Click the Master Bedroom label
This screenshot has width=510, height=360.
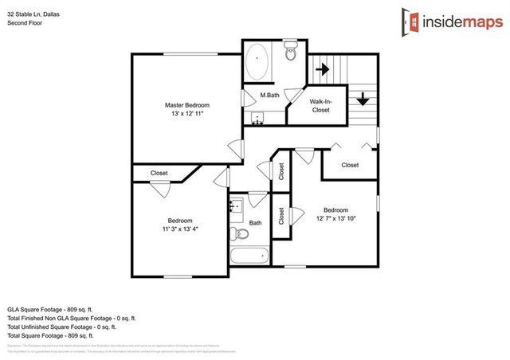(186, 105)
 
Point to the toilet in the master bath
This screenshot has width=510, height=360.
(290, 56)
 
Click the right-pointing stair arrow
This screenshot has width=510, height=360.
(323, 69)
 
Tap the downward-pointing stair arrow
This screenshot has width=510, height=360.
(363, 99)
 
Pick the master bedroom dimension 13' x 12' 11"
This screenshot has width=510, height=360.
(186, 115)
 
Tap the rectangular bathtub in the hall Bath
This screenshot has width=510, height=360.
(249, 256)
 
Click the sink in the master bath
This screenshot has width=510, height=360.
(257, 119)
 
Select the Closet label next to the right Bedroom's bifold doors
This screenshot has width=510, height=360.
(350, 165)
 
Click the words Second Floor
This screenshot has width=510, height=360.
(25, 23)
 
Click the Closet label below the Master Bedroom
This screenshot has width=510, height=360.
(159, 173)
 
